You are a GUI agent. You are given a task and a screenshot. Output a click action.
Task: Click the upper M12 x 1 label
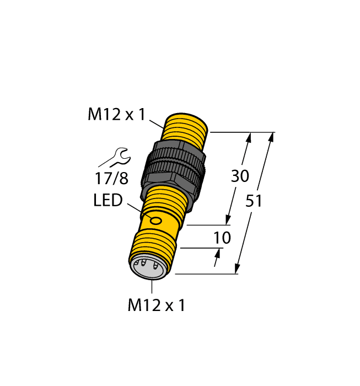(x=116, y=115)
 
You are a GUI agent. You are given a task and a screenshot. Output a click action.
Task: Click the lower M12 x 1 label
(x=156, y=305)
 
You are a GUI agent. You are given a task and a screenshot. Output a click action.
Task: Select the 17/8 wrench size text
(x=111, y=179)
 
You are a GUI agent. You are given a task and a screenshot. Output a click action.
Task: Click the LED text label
(x=108, y=201)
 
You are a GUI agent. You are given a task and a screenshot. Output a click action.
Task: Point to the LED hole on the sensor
(x=157, y=222)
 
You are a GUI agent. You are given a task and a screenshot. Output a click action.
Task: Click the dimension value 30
(x=239, y=176)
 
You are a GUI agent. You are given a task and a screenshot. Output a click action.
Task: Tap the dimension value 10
(x=221, y=238)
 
